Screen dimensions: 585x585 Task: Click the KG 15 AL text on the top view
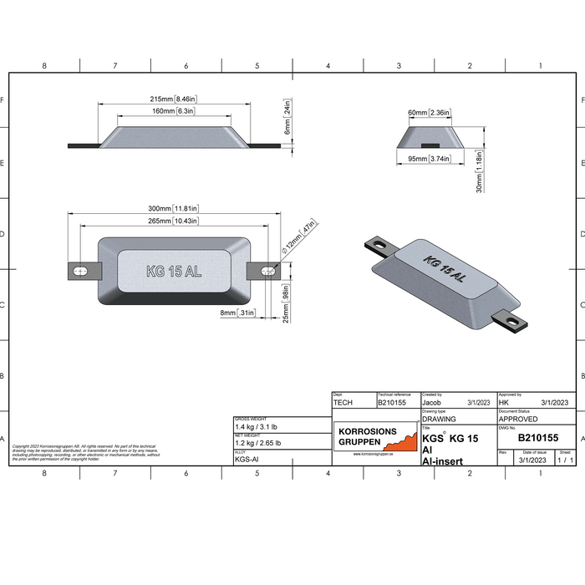click(173, 271)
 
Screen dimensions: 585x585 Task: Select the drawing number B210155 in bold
click(539, 436)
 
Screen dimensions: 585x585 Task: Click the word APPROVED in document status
click(519, 419)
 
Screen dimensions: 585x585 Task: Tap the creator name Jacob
click(432, 402)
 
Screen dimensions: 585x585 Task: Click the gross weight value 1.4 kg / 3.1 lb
click(259, 426)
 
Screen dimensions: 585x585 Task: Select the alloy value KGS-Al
click(247, 459)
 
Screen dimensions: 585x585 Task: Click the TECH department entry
click(343, 402)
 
